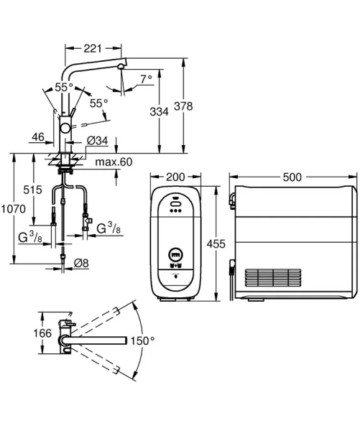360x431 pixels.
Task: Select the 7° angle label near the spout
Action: [146, 80]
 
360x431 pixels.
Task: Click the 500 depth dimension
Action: [292, 177]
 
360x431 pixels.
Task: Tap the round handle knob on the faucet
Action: [66, 127]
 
